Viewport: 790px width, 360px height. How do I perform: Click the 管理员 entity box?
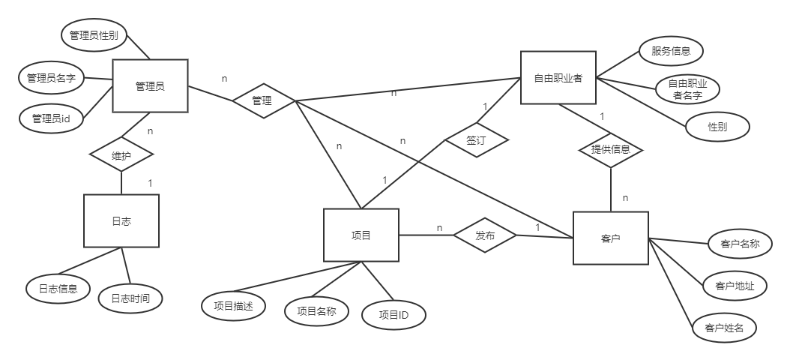(150, 86)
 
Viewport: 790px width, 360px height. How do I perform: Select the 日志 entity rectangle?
(121, 220)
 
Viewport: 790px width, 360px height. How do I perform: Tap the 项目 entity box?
(361, 235)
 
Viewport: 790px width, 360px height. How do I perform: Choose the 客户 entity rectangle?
(610, 238)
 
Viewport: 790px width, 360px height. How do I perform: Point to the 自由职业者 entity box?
(558, 77)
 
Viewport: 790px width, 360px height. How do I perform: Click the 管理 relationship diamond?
(262, 101)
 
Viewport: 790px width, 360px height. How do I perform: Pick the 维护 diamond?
(121, 155)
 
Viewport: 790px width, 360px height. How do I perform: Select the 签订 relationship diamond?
(477, 139)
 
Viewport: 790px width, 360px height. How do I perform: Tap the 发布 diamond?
(485, 235)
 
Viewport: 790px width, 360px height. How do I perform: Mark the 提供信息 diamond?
(611, 149)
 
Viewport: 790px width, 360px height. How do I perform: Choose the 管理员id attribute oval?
(51, 118)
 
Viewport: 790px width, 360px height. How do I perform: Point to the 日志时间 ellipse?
(130, 298)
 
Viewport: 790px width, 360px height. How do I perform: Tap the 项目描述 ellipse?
(233, 305)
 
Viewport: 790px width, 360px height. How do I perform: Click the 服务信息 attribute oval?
(671, 52)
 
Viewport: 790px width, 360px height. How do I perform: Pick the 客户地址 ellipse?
(735, 286)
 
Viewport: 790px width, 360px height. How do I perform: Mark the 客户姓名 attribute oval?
(724, 328)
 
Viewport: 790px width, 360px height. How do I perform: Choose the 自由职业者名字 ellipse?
(687, 89)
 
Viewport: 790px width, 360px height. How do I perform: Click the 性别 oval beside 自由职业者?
(717, 127)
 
